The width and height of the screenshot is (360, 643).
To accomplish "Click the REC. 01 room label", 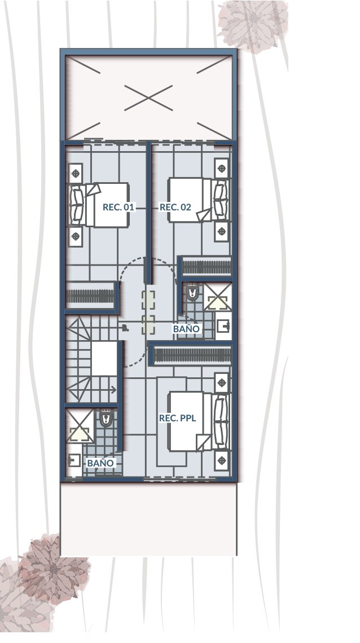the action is pos(118,207).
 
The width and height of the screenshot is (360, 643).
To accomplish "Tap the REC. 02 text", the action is pos(175,207).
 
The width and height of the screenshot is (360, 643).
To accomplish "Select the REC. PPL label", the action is pos(178,419).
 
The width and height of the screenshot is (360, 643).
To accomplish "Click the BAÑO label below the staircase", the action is pos(100,463).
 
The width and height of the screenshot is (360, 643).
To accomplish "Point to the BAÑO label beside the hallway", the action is pos(186,328).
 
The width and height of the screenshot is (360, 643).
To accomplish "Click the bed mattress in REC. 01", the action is pos(107,205).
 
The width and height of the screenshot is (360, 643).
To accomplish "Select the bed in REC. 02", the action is pos(199,200).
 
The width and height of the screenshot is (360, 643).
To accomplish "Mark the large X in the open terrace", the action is pos(148,98).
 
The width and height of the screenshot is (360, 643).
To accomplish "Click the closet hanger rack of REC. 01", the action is pos(90,296).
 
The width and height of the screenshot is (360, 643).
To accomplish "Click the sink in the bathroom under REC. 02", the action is pos(224,327).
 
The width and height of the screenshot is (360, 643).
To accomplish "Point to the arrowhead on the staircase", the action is pos(115,389).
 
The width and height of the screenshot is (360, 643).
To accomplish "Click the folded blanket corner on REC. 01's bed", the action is pos(93,190).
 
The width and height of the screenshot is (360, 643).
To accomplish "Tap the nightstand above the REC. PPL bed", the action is pos(221,383).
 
